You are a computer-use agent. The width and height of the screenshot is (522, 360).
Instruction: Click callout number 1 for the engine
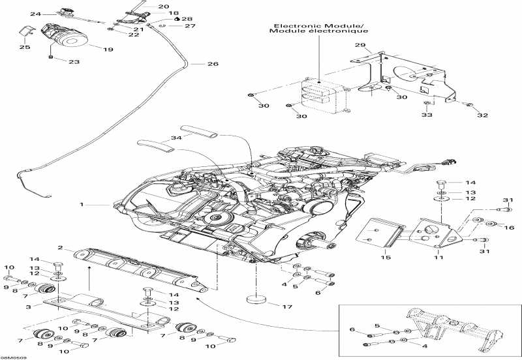[x=82, y=205]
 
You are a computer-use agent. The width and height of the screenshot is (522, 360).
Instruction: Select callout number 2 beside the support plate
[x=60, y=248]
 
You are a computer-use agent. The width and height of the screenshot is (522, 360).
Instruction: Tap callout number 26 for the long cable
[x=213, y=64]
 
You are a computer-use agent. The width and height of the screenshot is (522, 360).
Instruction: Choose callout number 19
[x=108, y=49]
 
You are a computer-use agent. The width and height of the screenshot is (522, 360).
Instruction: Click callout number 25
[x=24, y=48]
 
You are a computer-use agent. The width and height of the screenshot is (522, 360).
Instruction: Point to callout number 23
[x=74, y=62]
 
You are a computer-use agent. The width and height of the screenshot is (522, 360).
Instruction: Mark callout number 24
[x=35, y=14]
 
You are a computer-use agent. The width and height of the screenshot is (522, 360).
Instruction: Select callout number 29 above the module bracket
[x=358, y=46]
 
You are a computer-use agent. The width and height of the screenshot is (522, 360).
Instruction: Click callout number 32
[x=482, y=115]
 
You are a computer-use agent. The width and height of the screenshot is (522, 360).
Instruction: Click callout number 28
[x=187, y=20]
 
